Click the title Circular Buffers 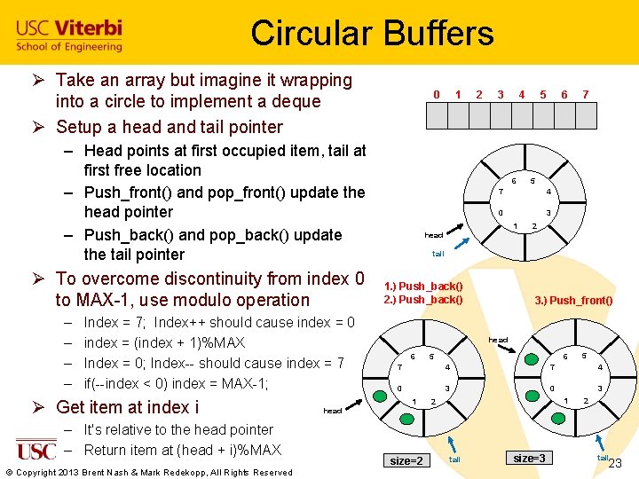[372, 34]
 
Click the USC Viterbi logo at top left [68, 35]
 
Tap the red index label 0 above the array [436, 94]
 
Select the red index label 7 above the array [585, 94]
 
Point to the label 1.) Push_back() [423, 287]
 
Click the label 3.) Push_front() [573, 300]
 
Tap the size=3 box [529, 458]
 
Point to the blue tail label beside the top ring [438, 254]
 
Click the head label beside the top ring [433, 235]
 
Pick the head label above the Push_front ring [499, 340]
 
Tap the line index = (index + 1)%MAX [164, 342]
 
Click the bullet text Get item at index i [127, 407]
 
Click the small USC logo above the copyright [35, 450]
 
